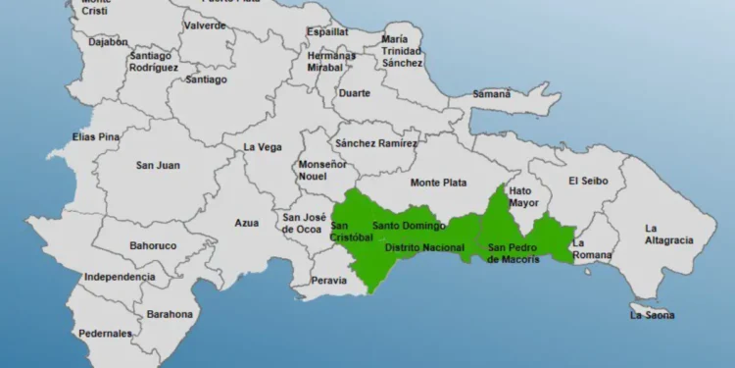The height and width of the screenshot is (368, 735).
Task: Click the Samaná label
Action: [491, 94]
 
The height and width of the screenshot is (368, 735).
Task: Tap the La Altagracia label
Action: [668, 234]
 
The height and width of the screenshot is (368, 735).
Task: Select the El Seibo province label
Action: [588, 181]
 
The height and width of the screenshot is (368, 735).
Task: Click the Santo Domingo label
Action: [402, 226]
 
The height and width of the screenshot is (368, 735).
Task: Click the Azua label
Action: [246, 223]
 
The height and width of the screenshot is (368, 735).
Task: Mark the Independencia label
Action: [120, 278]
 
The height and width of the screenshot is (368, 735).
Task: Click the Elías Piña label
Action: [94, 136]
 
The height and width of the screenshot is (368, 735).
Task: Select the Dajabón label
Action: [108, 70]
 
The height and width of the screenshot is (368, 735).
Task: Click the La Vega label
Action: [264, 147]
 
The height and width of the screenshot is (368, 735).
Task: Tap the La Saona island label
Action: [652, 315]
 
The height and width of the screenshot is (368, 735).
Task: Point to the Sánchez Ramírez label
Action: [375, 143]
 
